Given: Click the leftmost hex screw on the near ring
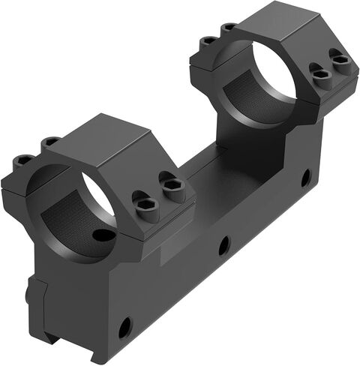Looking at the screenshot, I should click(x=24, y=160).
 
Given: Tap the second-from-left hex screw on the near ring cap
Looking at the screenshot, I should click(x=51, y=142).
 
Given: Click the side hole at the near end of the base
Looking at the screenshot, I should click(x=124, y=326).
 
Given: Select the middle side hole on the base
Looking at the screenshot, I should click(x=223, y=244).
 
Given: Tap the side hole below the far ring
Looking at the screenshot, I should click(x=306, y=178).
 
